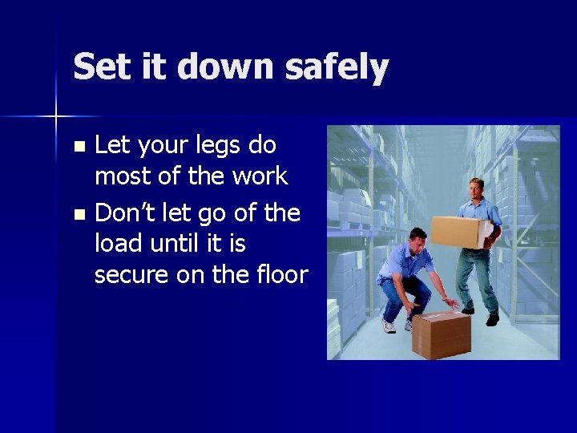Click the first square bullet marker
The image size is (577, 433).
coord(78,147)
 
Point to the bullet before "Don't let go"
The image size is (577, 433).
coord(78,215)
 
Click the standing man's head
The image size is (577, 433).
coord(475,190)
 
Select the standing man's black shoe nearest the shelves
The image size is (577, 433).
coord(492,320)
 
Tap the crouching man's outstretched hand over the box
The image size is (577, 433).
coord(450,303)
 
